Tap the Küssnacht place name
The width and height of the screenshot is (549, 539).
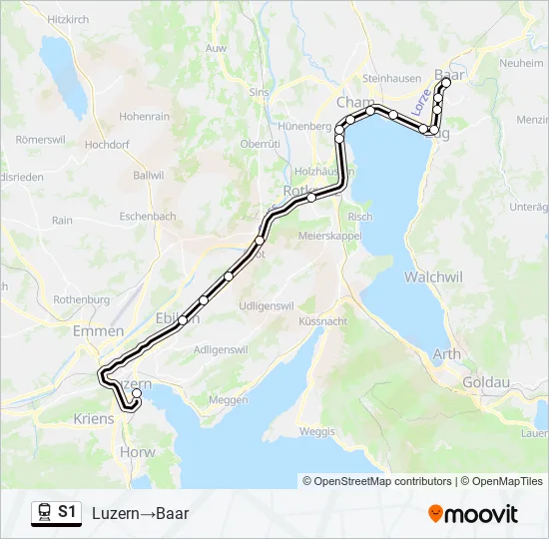[x=322, y=322]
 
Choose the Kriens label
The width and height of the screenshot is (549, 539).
[x=94, y=419]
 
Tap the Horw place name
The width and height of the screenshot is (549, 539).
[x=137, y=452]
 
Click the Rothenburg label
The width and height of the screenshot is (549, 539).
[x=81, y=299]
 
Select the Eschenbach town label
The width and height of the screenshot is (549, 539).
[x=148, y=216]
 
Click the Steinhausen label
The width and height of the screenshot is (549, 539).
[x=391, y=78]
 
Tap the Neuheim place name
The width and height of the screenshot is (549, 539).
[x=521, y=63]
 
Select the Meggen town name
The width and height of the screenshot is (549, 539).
[x=228, y=400]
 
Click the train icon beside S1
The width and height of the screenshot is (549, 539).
[x=43, y=513]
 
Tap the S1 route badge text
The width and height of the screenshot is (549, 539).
[x=67, y=513]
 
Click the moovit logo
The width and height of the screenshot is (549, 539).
[x=473, y=514]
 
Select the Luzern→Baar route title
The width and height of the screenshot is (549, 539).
[x=140, y=514]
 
